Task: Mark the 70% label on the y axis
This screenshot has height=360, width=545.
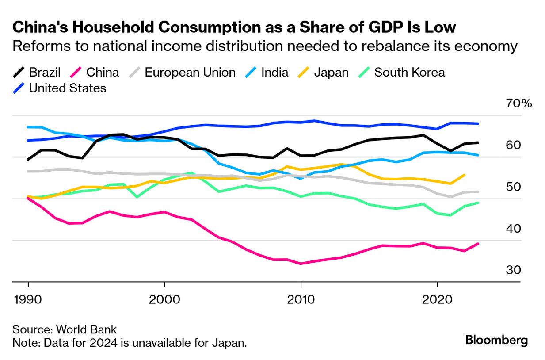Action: pyautogui.click(x=518, y=104)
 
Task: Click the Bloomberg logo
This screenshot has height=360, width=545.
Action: pyautogui.click(x=496, y=341)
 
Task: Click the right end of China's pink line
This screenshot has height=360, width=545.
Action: pyautogui.click(x=478, y=244)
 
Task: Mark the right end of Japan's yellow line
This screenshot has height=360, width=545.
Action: pyautogui.click(x=465, y=175)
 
